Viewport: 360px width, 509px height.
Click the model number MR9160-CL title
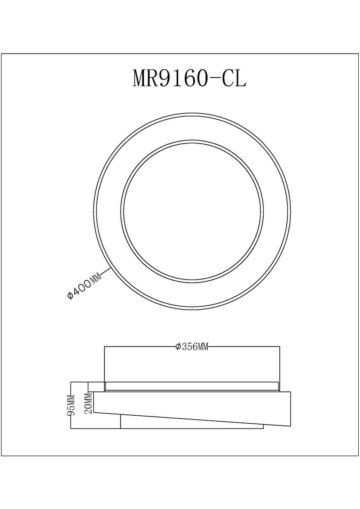click(x=189, y=78)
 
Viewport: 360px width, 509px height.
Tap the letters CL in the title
click(x=234, y=78)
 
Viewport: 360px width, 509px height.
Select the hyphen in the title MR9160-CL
click(x=214, y=78)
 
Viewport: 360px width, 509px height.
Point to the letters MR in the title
click(x=146, y=78)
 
